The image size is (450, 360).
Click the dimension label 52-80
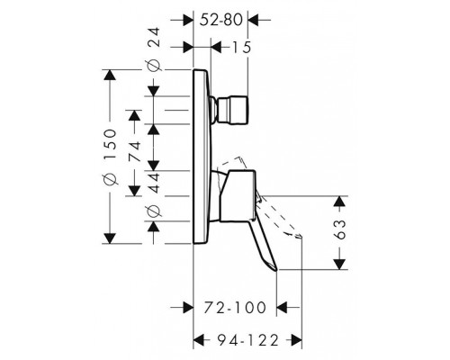(x=220, y=20)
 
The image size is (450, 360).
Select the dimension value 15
(x=241, y=47)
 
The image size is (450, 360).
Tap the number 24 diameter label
(x=155, y=37)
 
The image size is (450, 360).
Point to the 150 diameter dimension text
(x=110, y=140)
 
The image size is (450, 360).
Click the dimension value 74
(x=134, y=151)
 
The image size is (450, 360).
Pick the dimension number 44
(x=154, y=183)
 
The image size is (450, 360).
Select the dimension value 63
(x=339, y=229)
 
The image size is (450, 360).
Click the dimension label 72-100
(x=235, y=307)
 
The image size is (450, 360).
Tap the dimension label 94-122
(x=247, y=340)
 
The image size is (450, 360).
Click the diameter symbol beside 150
(x=110, y=179)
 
